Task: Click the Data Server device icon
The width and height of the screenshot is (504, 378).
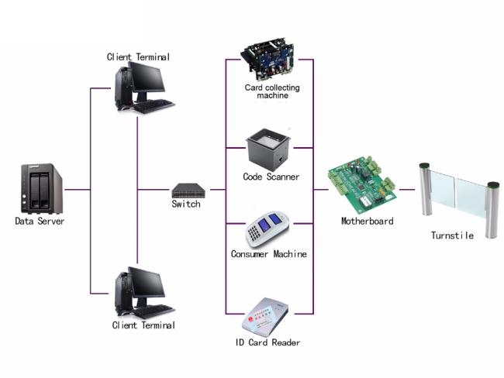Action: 39,188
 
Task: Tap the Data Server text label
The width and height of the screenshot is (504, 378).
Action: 40,221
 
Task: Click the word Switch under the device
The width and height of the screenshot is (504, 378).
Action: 186,204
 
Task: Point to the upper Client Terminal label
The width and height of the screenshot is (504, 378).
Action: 138,57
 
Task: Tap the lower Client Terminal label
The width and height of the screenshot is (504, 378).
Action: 143,325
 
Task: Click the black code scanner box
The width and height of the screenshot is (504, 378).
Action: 268,147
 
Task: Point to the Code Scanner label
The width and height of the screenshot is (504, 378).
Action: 271,177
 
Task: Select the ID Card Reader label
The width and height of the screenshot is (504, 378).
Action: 268,342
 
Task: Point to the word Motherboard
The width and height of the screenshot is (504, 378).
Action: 367,221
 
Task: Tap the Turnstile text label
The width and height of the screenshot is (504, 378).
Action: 452,235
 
